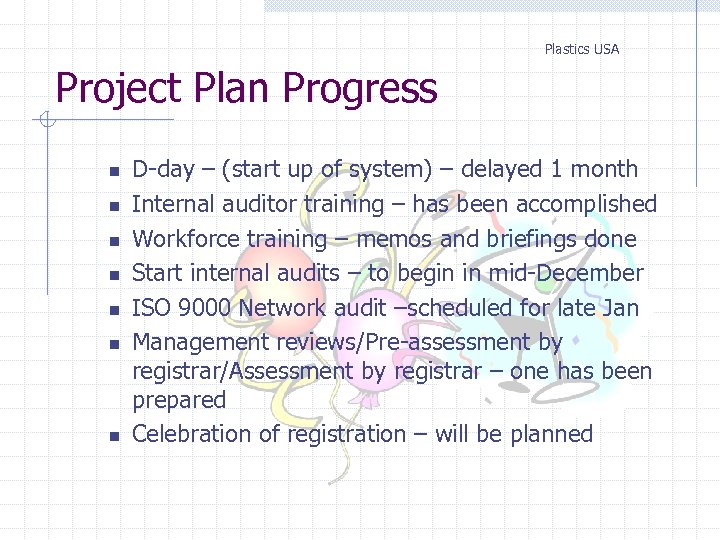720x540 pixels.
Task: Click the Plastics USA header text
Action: (x=581, y=49)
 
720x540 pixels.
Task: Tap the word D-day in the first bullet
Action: (x=163, y=170)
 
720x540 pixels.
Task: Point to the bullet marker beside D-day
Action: (x=114, y=172)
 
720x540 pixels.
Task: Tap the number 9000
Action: (x=202, y=308)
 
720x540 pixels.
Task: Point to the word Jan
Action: (x=619, y=308)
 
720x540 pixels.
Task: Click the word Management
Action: (x=197, y=342)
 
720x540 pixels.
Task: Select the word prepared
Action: (x=179, y=400)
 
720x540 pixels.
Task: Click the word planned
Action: (x=551, y=434)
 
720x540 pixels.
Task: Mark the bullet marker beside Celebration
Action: (x=114, y=437)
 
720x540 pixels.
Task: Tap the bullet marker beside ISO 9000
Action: (x=114, y=310)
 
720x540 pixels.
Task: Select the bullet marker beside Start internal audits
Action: (x=114, y=276)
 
